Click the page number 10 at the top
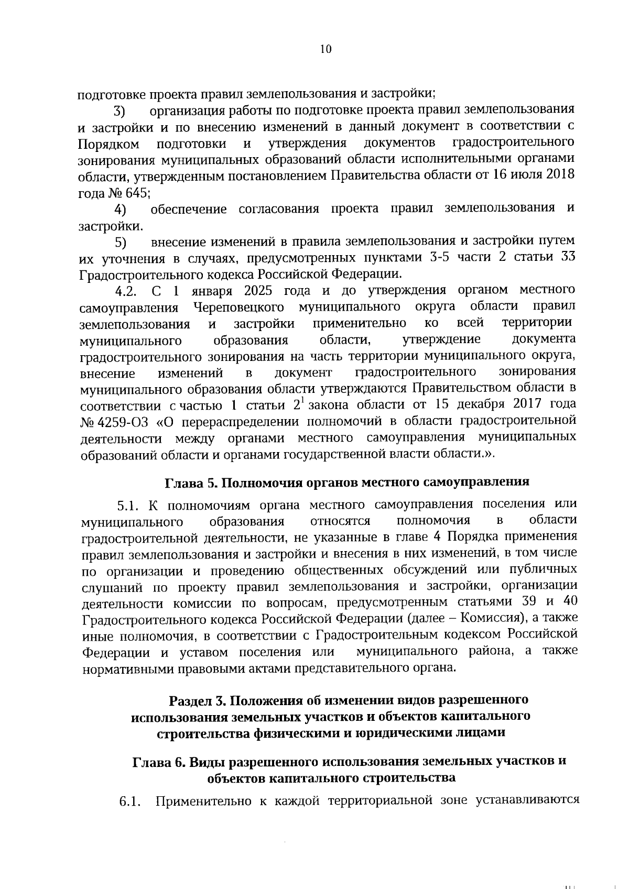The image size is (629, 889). [x=325, y=49]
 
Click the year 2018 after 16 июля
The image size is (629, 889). [x=559, y=174]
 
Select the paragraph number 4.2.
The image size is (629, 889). [x=126, y=291]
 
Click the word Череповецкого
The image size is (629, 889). [x=238, y=307]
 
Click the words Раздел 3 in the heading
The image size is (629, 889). [x=197, y=701]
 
